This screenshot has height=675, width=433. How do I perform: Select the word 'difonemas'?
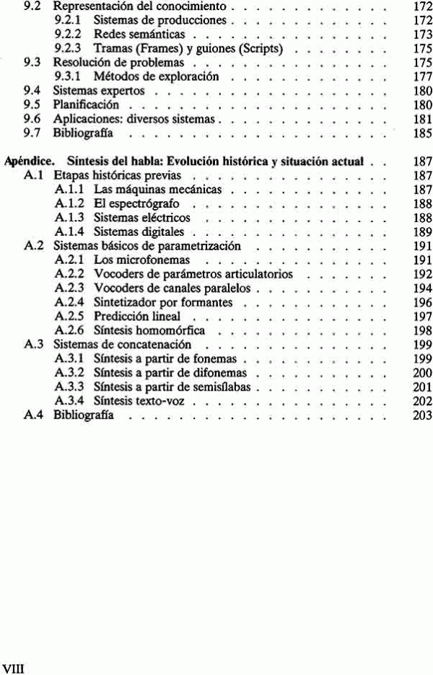click(x=220, y=373)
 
